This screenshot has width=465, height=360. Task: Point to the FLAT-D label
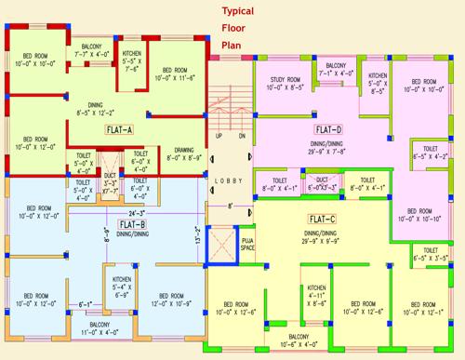[328, 129]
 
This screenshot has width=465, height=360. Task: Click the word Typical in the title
[236, 12]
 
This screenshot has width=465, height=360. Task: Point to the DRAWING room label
[183, 153]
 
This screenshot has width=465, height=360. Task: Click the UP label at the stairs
[219, 136]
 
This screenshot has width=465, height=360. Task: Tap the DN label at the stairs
[241, 136]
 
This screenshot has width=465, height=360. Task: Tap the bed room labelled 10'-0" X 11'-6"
[180, 75]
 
